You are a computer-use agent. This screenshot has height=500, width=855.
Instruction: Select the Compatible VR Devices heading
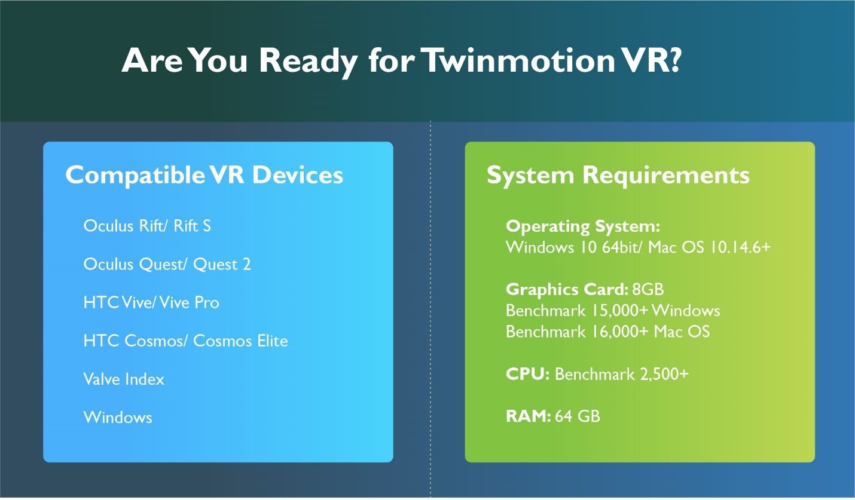(204, 175)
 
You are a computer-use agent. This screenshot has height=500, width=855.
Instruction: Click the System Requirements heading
(618, 175)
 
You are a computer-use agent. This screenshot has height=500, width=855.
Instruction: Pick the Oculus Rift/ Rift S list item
(147, 226)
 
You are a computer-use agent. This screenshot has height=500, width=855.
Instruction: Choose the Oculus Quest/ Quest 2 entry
(167, 265)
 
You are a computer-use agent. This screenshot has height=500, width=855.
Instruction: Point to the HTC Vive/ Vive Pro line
(151, 303)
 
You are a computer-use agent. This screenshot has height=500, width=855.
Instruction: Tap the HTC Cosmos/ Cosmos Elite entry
(185, 341)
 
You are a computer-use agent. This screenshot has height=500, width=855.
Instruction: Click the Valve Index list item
(124, 379)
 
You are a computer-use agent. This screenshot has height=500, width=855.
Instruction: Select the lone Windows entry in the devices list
(118, 417)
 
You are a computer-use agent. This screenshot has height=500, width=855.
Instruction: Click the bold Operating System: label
(582, 227)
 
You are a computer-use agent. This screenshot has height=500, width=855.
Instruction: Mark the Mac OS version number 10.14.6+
(738, 247)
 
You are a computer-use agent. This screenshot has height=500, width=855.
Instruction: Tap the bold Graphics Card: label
(566, 290)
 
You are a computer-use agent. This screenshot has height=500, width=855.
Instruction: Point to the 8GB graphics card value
(648, 290)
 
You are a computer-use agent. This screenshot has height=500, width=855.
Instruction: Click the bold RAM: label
(528, 416)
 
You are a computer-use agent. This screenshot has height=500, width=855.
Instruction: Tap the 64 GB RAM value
(578, 416)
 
